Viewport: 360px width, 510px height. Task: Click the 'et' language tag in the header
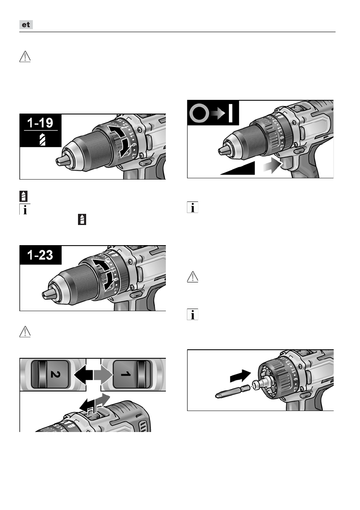[x=27, y=25]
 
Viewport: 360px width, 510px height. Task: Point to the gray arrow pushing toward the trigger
[x=273, y=166]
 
